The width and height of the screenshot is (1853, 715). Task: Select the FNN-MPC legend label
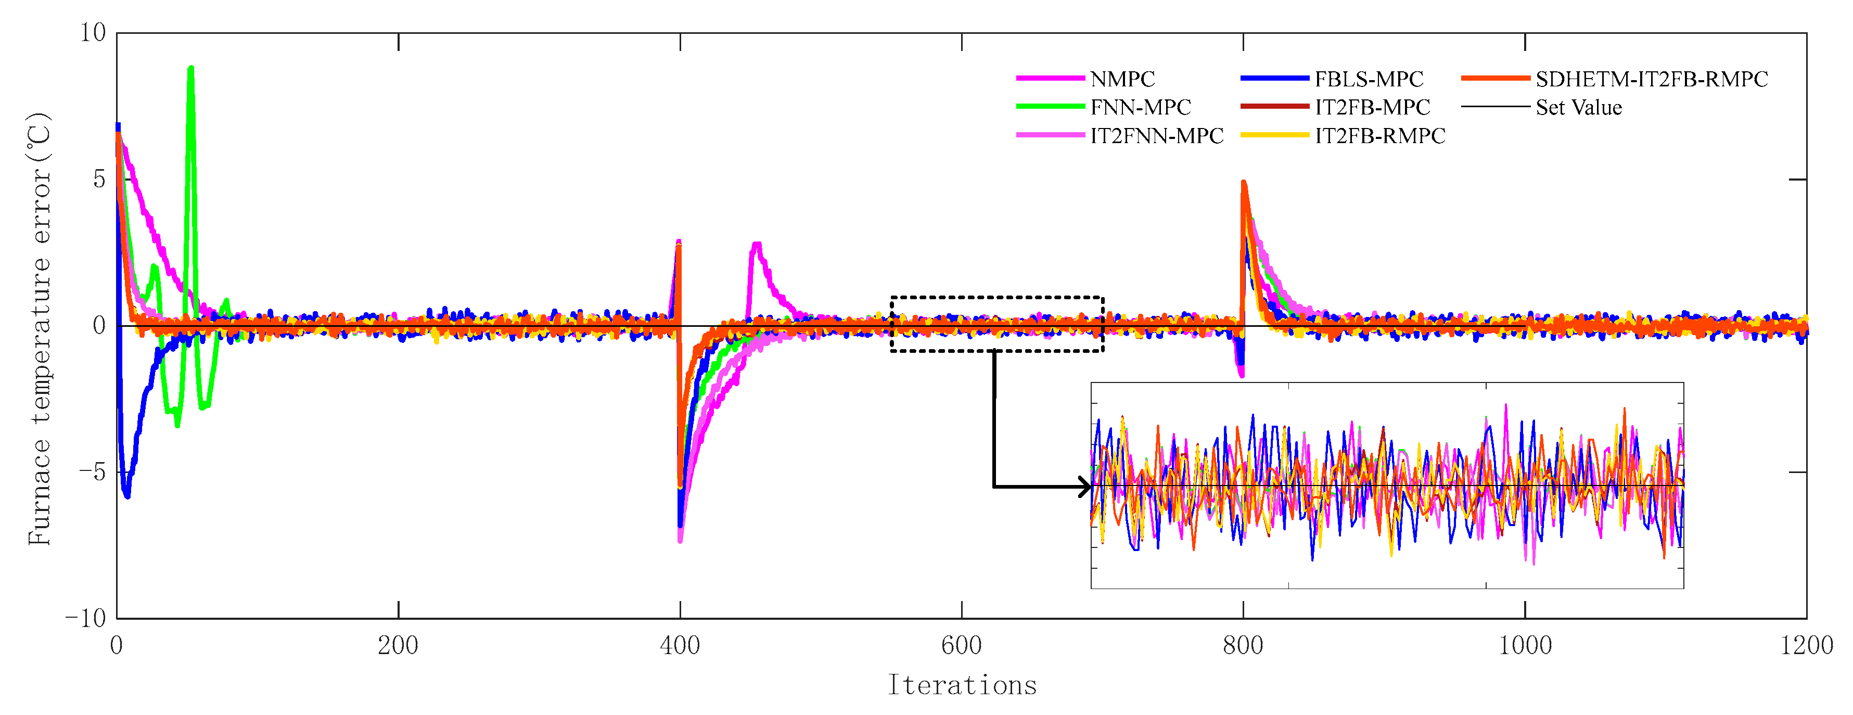tap(1140, 107)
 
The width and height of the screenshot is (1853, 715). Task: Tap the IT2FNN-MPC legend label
tap(1156, 136)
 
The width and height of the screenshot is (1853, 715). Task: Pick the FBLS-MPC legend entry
tap(1368, 79)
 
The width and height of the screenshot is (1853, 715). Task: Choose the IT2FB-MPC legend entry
tap(1372, 107)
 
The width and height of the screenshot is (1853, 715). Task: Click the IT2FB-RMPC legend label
tap(1379, 136)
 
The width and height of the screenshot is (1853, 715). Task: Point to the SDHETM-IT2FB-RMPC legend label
tap(1651, 79)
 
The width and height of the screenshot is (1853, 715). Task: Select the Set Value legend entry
tap(1578, 107)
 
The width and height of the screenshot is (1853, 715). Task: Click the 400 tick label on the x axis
tap(680, 645)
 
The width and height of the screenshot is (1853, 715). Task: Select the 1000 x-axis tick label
tap(1524, 645)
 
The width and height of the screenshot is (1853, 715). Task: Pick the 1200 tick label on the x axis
tap(1806, 645)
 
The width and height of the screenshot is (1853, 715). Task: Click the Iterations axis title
tap(962, 685)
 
